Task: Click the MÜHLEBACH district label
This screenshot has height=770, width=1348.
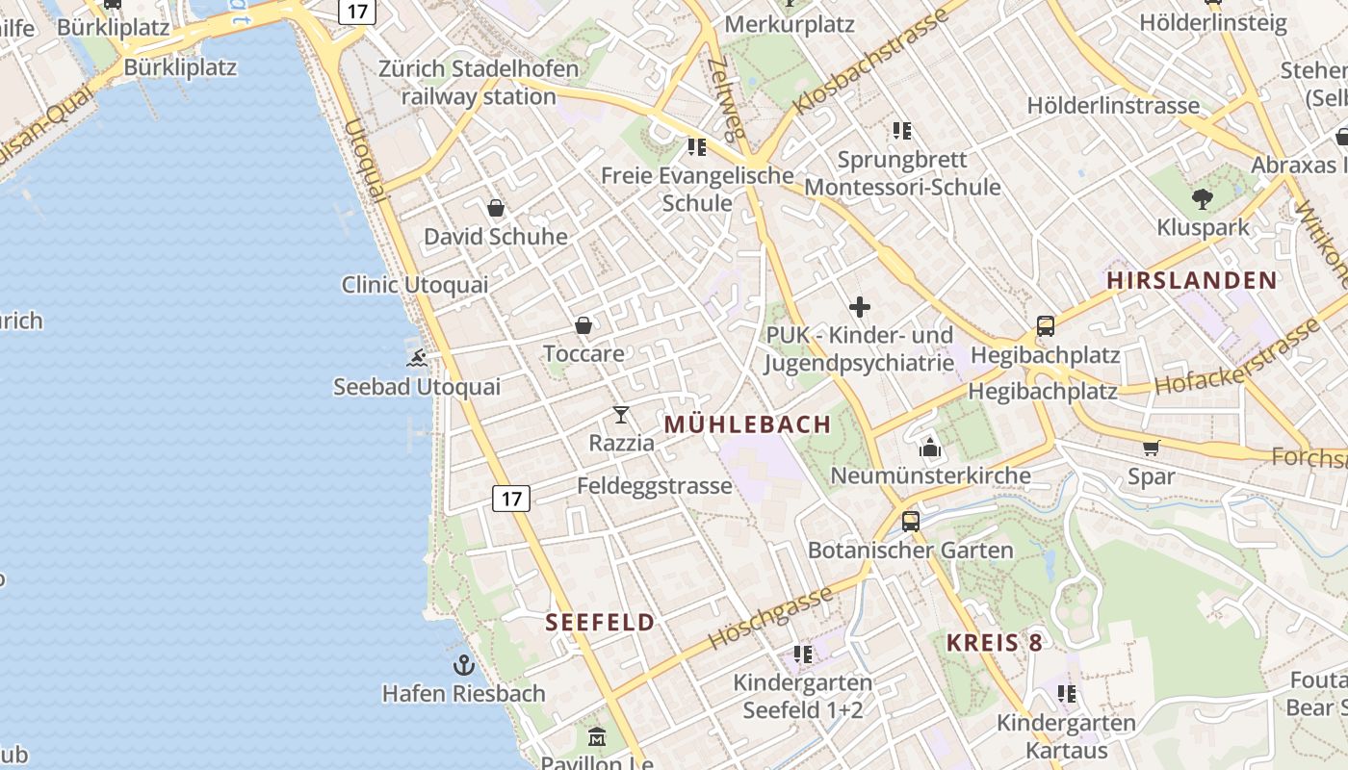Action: [x=747, y=424]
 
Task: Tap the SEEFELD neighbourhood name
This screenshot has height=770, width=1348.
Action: [x=600, y=623]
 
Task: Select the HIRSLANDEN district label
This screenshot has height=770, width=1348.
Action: [x=1191, y=281]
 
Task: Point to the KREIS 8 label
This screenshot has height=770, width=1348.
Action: [x=994, y=643]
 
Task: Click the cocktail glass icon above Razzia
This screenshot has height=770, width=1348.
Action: [x=621, y=415]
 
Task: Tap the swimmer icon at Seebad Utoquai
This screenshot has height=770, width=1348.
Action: [x=417, y=359]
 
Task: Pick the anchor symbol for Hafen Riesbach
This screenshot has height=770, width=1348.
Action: [x=464, y=665]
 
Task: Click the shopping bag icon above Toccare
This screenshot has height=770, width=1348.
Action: [x=583, y=325]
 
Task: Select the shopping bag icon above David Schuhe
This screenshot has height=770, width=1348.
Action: [x=496, y=208]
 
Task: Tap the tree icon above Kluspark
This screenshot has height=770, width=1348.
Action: [x=1202, y=199]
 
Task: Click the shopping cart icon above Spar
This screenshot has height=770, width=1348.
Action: [x=1151, y=448]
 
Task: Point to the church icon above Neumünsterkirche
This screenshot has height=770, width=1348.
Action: [x=930, y=448]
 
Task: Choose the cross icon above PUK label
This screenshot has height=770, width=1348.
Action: [x=860, y=308]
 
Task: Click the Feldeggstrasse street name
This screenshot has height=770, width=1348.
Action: [x=655, y=486]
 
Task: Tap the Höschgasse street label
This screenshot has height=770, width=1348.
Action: [x=770, y=618]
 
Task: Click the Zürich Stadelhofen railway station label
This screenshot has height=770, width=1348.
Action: [x=479, y=83]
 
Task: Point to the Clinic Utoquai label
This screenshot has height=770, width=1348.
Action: [x=415, y=285]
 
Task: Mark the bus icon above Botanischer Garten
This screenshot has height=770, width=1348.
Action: [x=910, y=522]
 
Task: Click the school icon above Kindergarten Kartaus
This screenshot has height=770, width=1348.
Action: [x=1066, y=693]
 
